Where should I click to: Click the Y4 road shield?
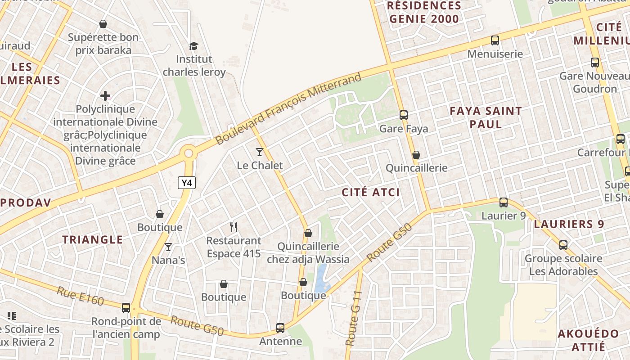(187, 183)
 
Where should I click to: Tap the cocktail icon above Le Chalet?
(260, 152)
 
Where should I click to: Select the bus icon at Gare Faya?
(404, 115)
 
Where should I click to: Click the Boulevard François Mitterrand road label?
(288, 109)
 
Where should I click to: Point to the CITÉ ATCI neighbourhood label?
(371, 193)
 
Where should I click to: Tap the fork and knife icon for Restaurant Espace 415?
(233, 227)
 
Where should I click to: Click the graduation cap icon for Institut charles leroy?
(193, 46)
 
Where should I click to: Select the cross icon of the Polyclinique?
(105, 95)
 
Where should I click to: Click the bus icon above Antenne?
(280, 328)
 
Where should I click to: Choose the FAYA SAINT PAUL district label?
(486, 117)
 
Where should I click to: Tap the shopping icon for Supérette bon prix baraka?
(103, 24)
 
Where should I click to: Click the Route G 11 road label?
(354, 319)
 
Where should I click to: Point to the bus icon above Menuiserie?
(495, 40)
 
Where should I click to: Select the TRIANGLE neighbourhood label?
(93, 240)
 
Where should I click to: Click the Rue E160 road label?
(80, 296)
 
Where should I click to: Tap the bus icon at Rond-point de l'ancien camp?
(126, 308)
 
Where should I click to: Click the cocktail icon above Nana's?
(168, 247)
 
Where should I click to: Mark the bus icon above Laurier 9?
(504, 202)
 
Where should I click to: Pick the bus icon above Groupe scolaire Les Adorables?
(563, 245)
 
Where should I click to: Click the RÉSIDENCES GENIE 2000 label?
(424, 13)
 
